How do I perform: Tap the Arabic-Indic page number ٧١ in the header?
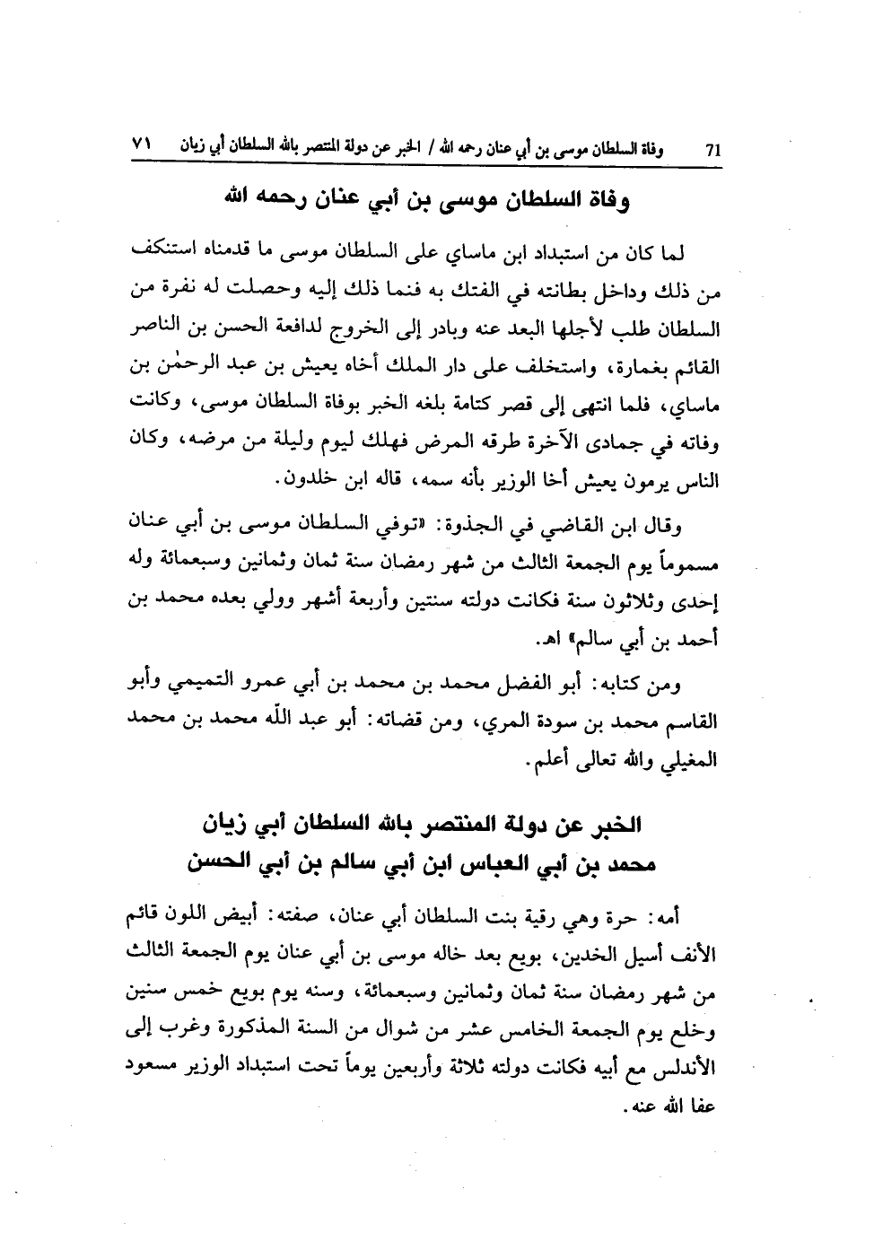pyautogui.click(x=144, y=144)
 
